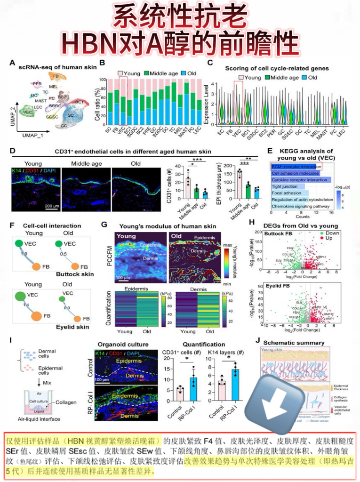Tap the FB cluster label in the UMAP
56,76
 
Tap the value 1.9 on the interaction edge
25,254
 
